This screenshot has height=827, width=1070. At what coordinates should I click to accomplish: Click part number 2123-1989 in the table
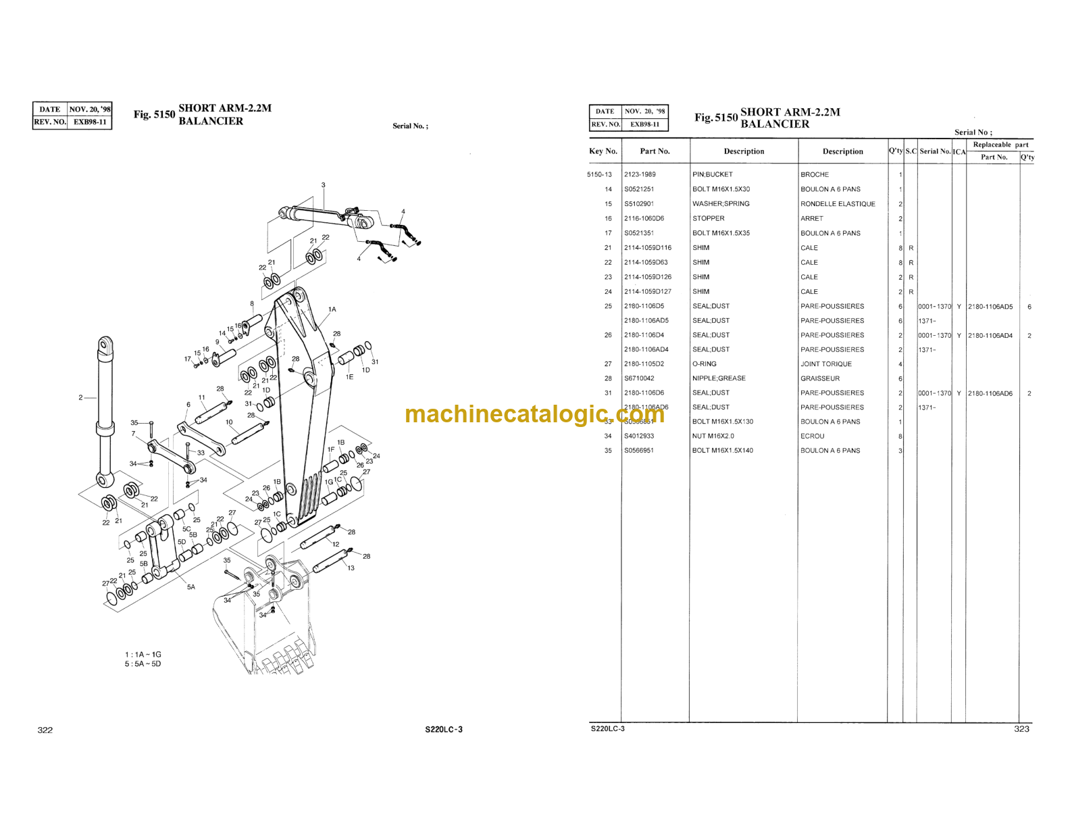(x=640, y=174)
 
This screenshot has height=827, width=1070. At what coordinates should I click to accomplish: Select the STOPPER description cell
(x=708, y=218)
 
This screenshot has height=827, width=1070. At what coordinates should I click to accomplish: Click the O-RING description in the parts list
(x=704, y=364)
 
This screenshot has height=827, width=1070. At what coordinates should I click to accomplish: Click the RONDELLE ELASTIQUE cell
(x=838, y=203)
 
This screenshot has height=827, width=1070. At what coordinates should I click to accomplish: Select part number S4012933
(x=639, y=436)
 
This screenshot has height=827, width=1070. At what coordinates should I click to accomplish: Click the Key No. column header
(x=603, y=151)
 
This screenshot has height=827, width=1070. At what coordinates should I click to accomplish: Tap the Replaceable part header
(x=1000, y=145)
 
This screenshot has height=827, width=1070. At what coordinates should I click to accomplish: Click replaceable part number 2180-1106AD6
(x=990, y=393)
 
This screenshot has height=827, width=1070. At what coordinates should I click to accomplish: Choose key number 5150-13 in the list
(x=599, y=174)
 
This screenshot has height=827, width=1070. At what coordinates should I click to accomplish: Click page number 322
(x=45, y=730)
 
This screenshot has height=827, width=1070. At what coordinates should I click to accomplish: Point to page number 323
(x=1021, y=728)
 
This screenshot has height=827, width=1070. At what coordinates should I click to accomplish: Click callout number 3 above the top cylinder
(x=323, y=185)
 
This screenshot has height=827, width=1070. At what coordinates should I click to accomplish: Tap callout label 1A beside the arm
(x=332, y=309)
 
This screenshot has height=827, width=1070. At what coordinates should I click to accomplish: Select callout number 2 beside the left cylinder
(x=80, y=397)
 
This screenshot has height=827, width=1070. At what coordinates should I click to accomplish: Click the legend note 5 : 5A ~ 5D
(x=143, y=664)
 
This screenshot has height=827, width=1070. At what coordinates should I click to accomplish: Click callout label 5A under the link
(x=191, y=587)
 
